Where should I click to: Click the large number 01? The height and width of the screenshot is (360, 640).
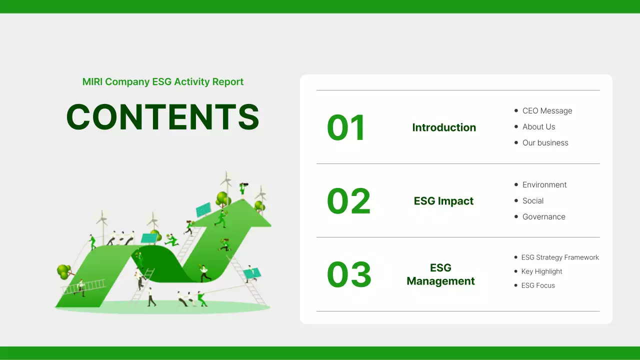[346, 128]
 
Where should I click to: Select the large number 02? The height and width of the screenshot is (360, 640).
[348, 201]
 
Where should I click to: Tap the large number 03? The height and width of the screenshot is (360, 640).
[349, 275]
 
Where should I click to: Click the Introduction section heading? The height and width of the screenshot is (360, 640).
[444, 128]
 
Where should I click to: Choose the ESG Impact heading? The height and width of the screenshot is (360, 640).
[443, 201]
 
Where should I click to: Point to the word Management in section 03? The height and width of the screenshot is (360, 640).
[440, 281]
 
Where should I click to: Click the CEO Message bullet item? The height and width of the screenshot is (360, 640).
[547, 111]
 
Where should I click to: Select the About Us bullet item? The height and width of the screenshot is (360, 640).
[538, 127]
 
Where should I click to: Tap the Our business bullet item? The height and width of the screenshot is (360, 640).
[545, 143]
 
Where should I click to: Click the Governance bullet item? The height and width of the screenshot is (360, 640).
[543, 217]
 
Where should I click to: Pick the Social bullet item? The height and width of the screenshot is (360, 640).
[532, 201]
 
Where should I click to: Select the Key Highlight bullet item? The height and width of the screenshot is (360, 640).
[541, 271]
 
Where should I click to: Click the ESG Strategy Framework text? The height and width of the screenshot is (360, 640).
[559, 257]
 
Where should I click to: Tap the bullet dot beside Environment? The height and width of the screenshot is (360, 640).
[516, 185]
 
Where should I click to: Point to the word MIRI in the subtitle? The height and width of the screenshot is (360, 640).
[92, 82]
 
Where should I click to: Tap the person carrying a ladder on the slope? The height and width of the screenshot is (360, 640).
[80, 287]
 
